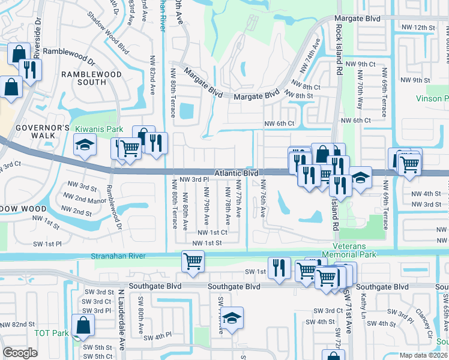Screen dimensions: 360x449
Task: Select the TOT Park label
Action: (52, 333)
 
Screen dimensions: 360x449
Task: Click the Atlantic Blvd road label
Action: (237, 173)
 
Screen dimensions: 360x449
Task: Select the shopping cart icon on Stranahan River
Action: (193, 260)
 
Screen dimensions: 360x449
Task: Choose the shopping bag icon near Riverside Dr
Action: (19, 53)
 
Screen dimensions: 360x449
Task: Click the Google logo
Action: (20, 353)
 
